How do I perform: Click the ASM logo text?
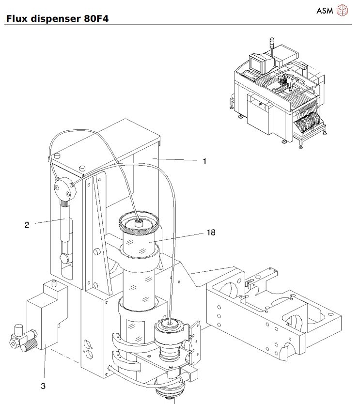(x=325, y=10)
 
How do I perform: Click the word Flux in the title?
(x=16, y=19)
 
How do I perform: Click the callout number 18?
(x=211, y=233)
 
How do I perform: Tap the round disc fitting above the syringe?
(x=66, y=188)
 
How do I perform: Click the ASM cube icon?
(x=344, y=10)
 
